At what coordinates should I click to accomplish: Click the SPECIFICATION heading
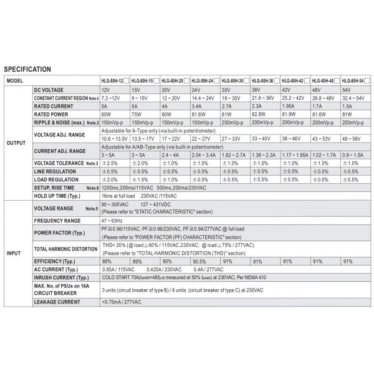click(27, 69)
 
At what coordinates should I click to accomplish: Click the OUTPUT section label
click(16, 142)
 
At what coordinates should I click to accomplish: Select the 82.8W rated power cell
click(261, 114)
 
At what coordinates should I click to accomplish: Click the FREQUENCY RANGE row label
click(57, 221)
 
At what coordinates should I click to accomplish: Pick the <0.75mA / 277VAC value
click(122, 302)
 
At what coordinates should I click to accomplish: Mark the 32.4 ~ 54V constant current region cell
click(355, 98)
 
